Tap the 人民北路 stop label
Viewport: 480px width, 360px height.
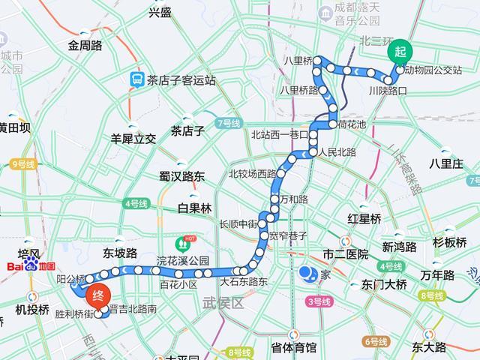point(337,151)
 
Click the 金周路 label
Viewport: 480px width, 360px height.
point(85,45)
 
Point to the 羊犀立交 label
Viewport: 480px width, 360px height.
point(133,138)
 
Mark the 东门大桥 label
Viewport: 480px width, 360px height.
point(383,284)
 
